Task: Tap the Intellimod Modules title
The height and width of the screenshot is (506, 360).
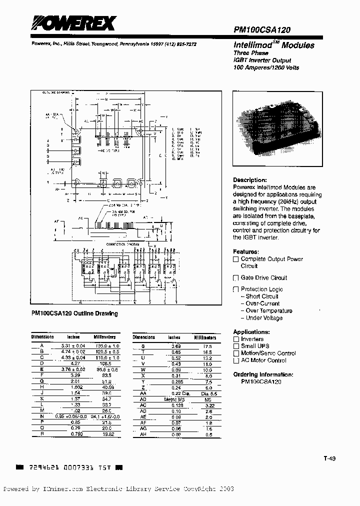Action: [274, 45]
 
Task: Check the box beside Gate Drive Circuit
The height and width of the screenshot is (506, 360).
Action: [236, 277]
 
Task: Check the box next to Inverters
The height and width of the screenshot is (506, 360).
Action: [236, 339]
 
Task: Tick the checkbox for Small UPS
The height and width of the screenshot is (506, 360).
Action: [236, 346]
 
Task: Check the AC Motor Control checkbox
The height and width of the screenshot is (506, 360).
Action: [236, 360]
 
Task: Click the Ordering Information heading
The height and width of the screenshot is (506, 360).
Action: [263, 374]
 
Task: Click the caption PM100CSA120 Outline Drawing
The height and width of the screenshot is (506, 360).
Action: [74, 313]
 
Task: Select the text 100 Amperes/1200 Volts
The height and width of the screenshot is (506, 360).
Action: [266, 67]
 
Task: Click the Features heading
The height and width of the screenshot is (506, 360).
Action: [246, 251]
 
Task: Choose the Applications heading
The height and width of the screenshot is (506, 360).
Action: [251, 332]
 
